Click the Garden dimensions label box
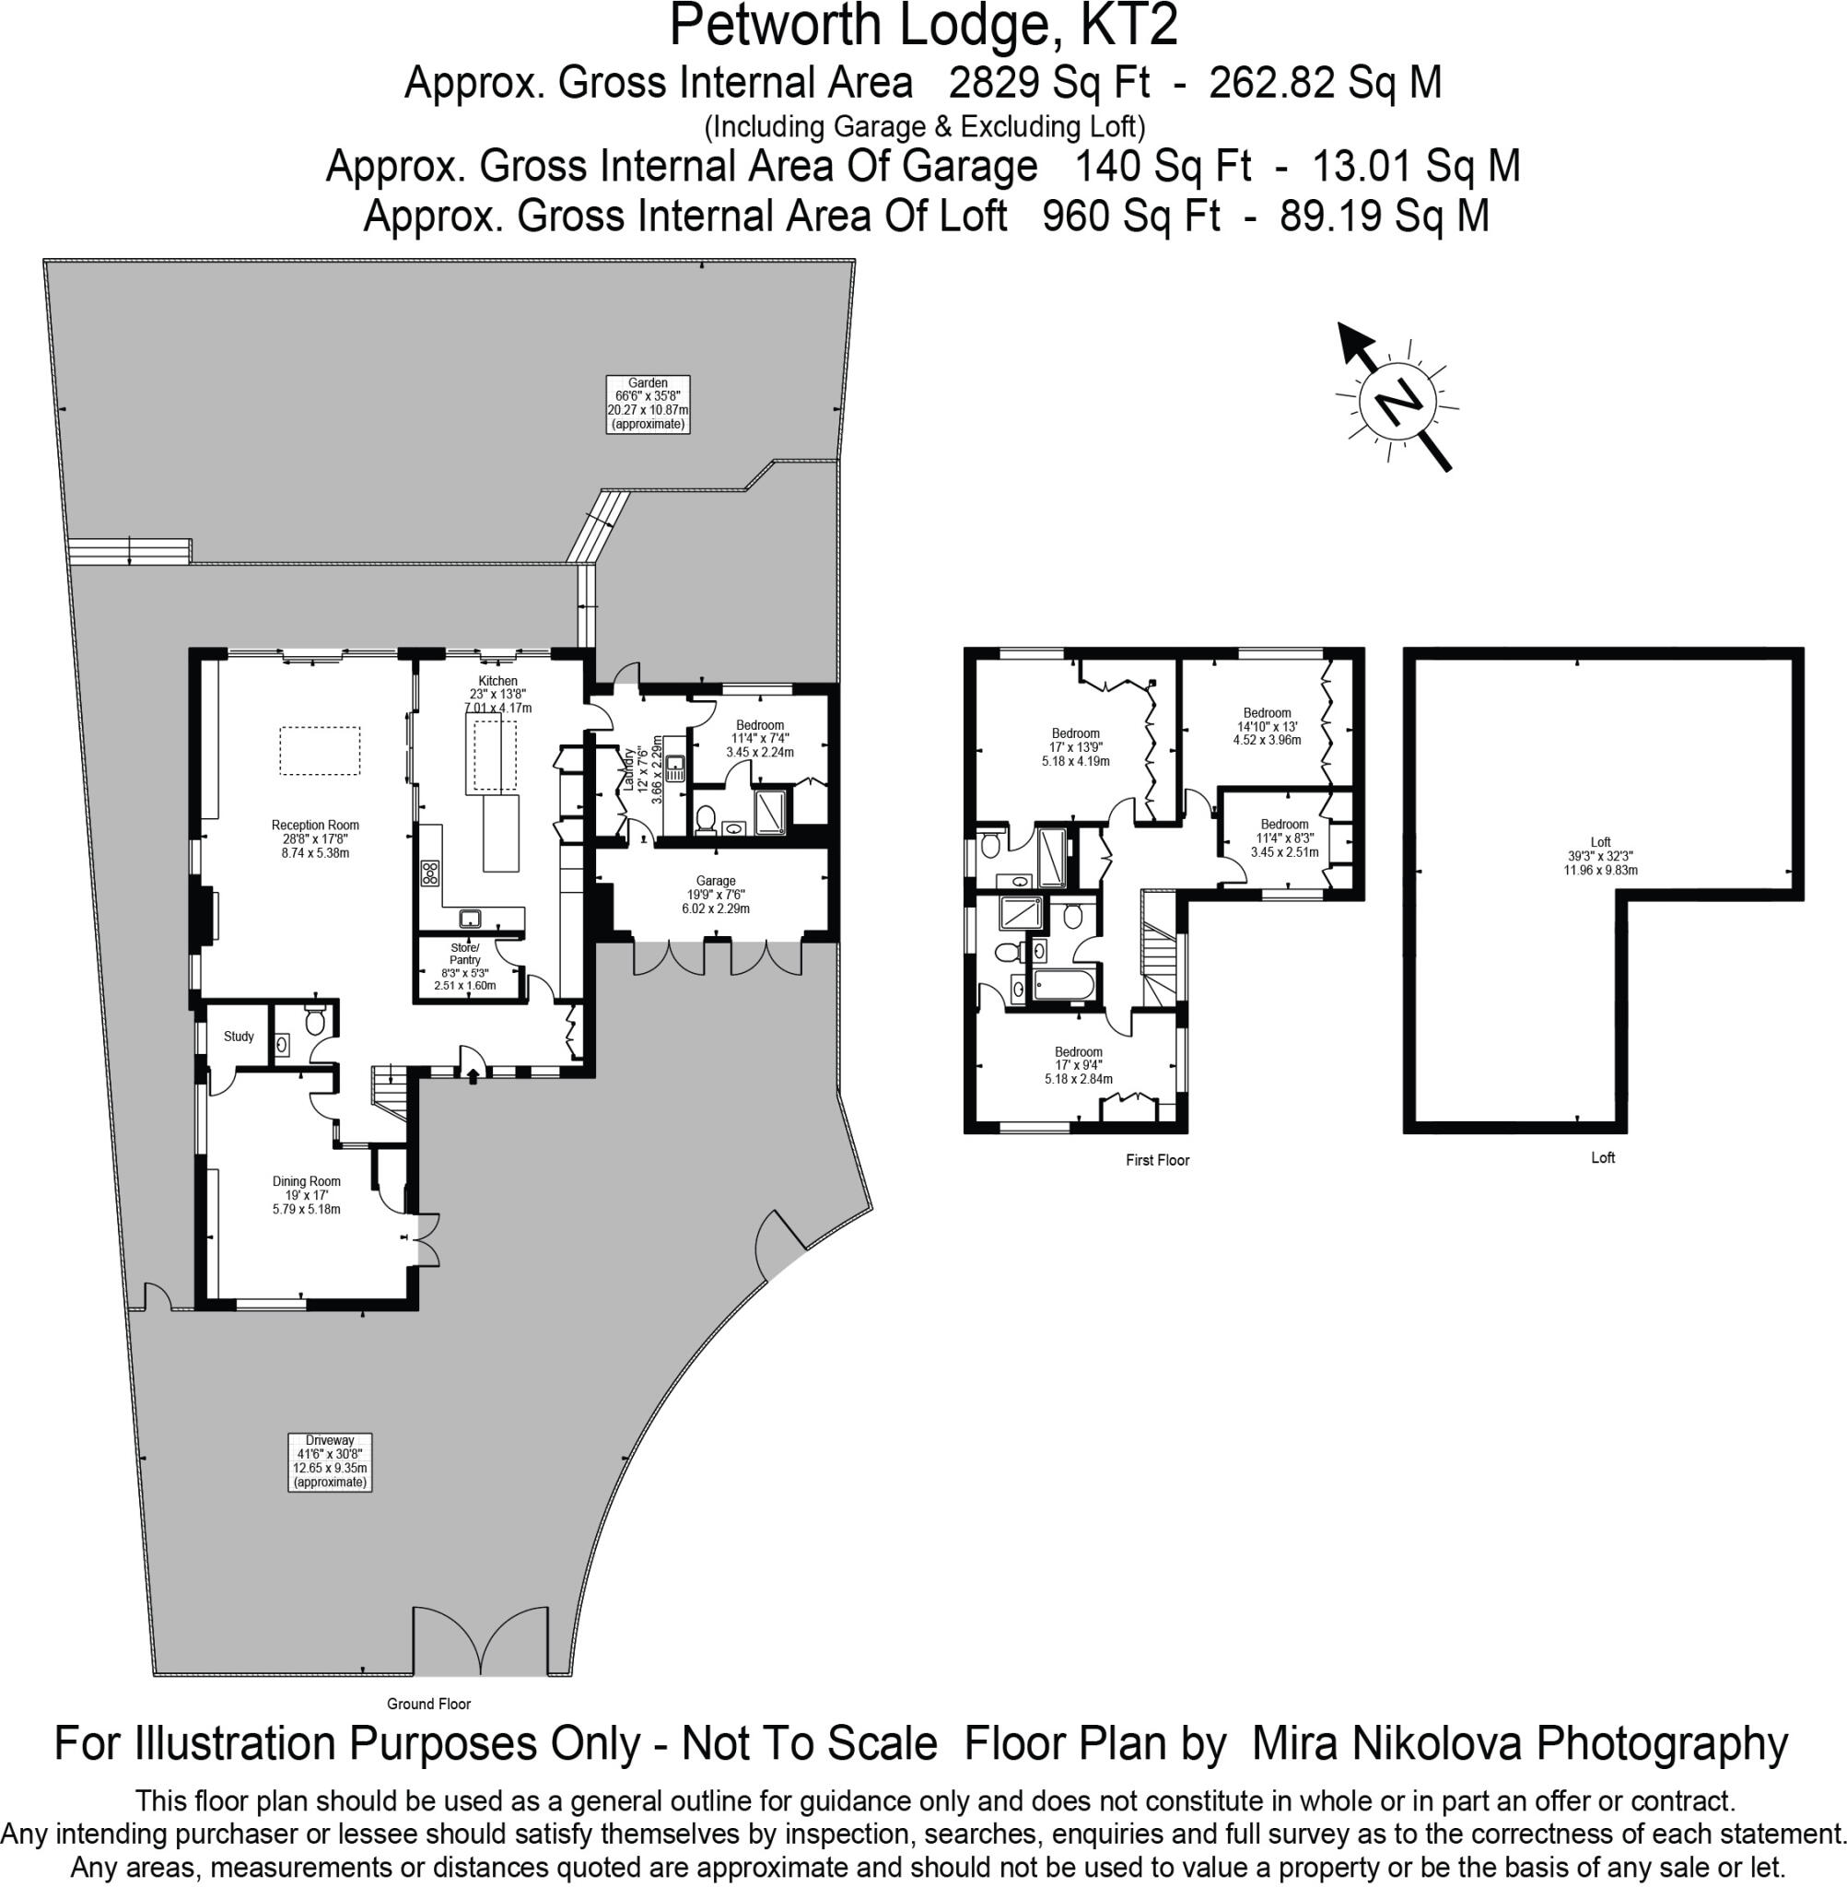coord(648,404)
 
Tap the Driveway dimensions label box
coord(330,1461)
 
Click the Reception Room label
coord(315,839)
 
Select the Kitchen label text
coord(497,681)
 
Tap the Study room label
coord(239,1037)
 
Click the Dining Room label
coord(307,1195)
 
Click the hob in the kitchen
coord(429,873)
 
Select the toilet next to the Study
coord(313,1020)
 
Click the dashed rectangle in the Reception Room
coord(321,751)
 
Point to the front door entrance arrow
coord(473,1074)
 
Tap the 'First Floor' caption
coord(1157,1159)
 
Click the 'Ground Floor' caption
coord(428,1704)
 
